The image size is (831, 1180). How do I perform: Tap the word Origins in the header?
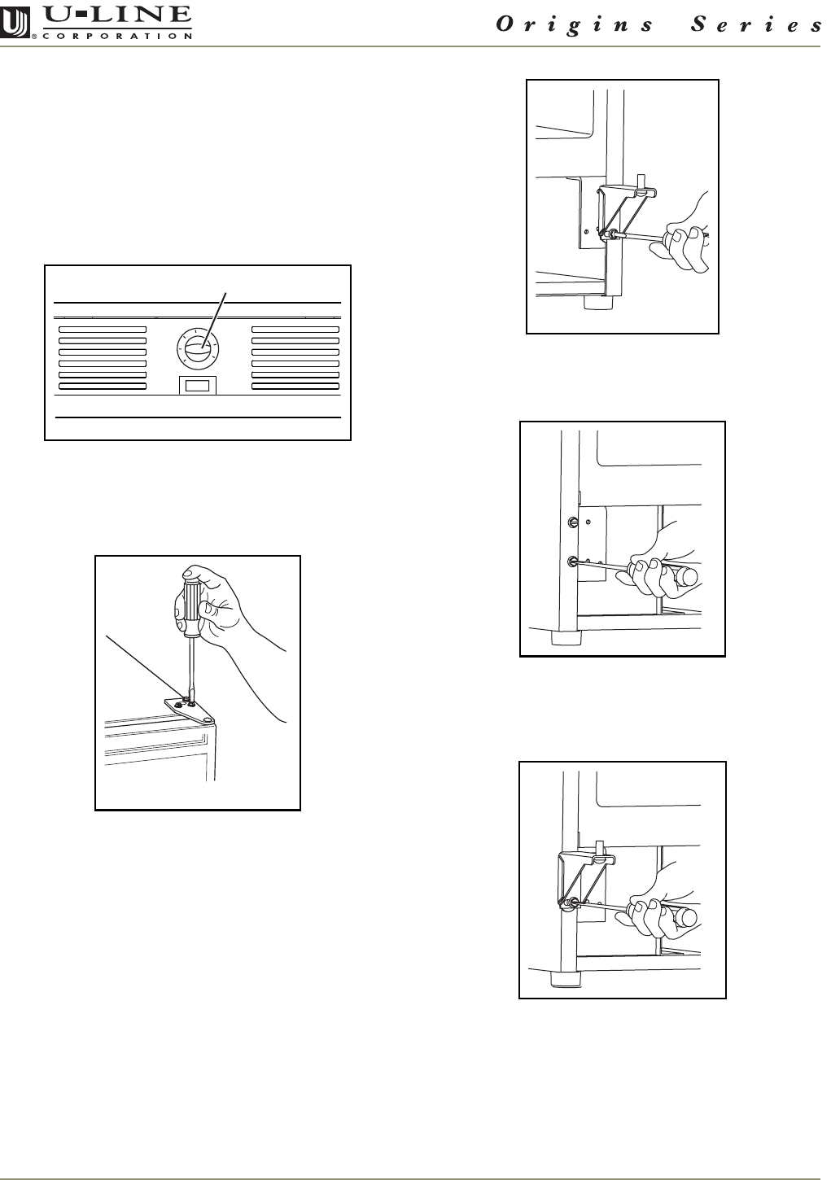point(575,24)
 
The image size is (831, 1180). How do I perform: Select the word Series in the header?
point(757,24)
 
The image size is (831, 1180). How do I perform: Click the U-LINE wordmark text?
point(118,15)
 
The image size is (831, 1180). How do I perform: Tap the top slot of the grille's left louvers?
point(103,330)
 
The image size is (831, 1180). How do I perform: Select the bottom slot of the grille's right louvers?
point(295,386)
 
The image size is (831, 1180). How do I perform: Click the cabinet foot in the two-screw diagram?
point(565,638)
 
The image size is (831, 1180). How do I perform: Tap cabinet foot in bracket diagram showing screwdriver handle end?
point(565,980)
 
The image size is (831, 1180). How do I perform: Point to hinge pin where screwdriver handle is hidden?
point(641,183)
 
